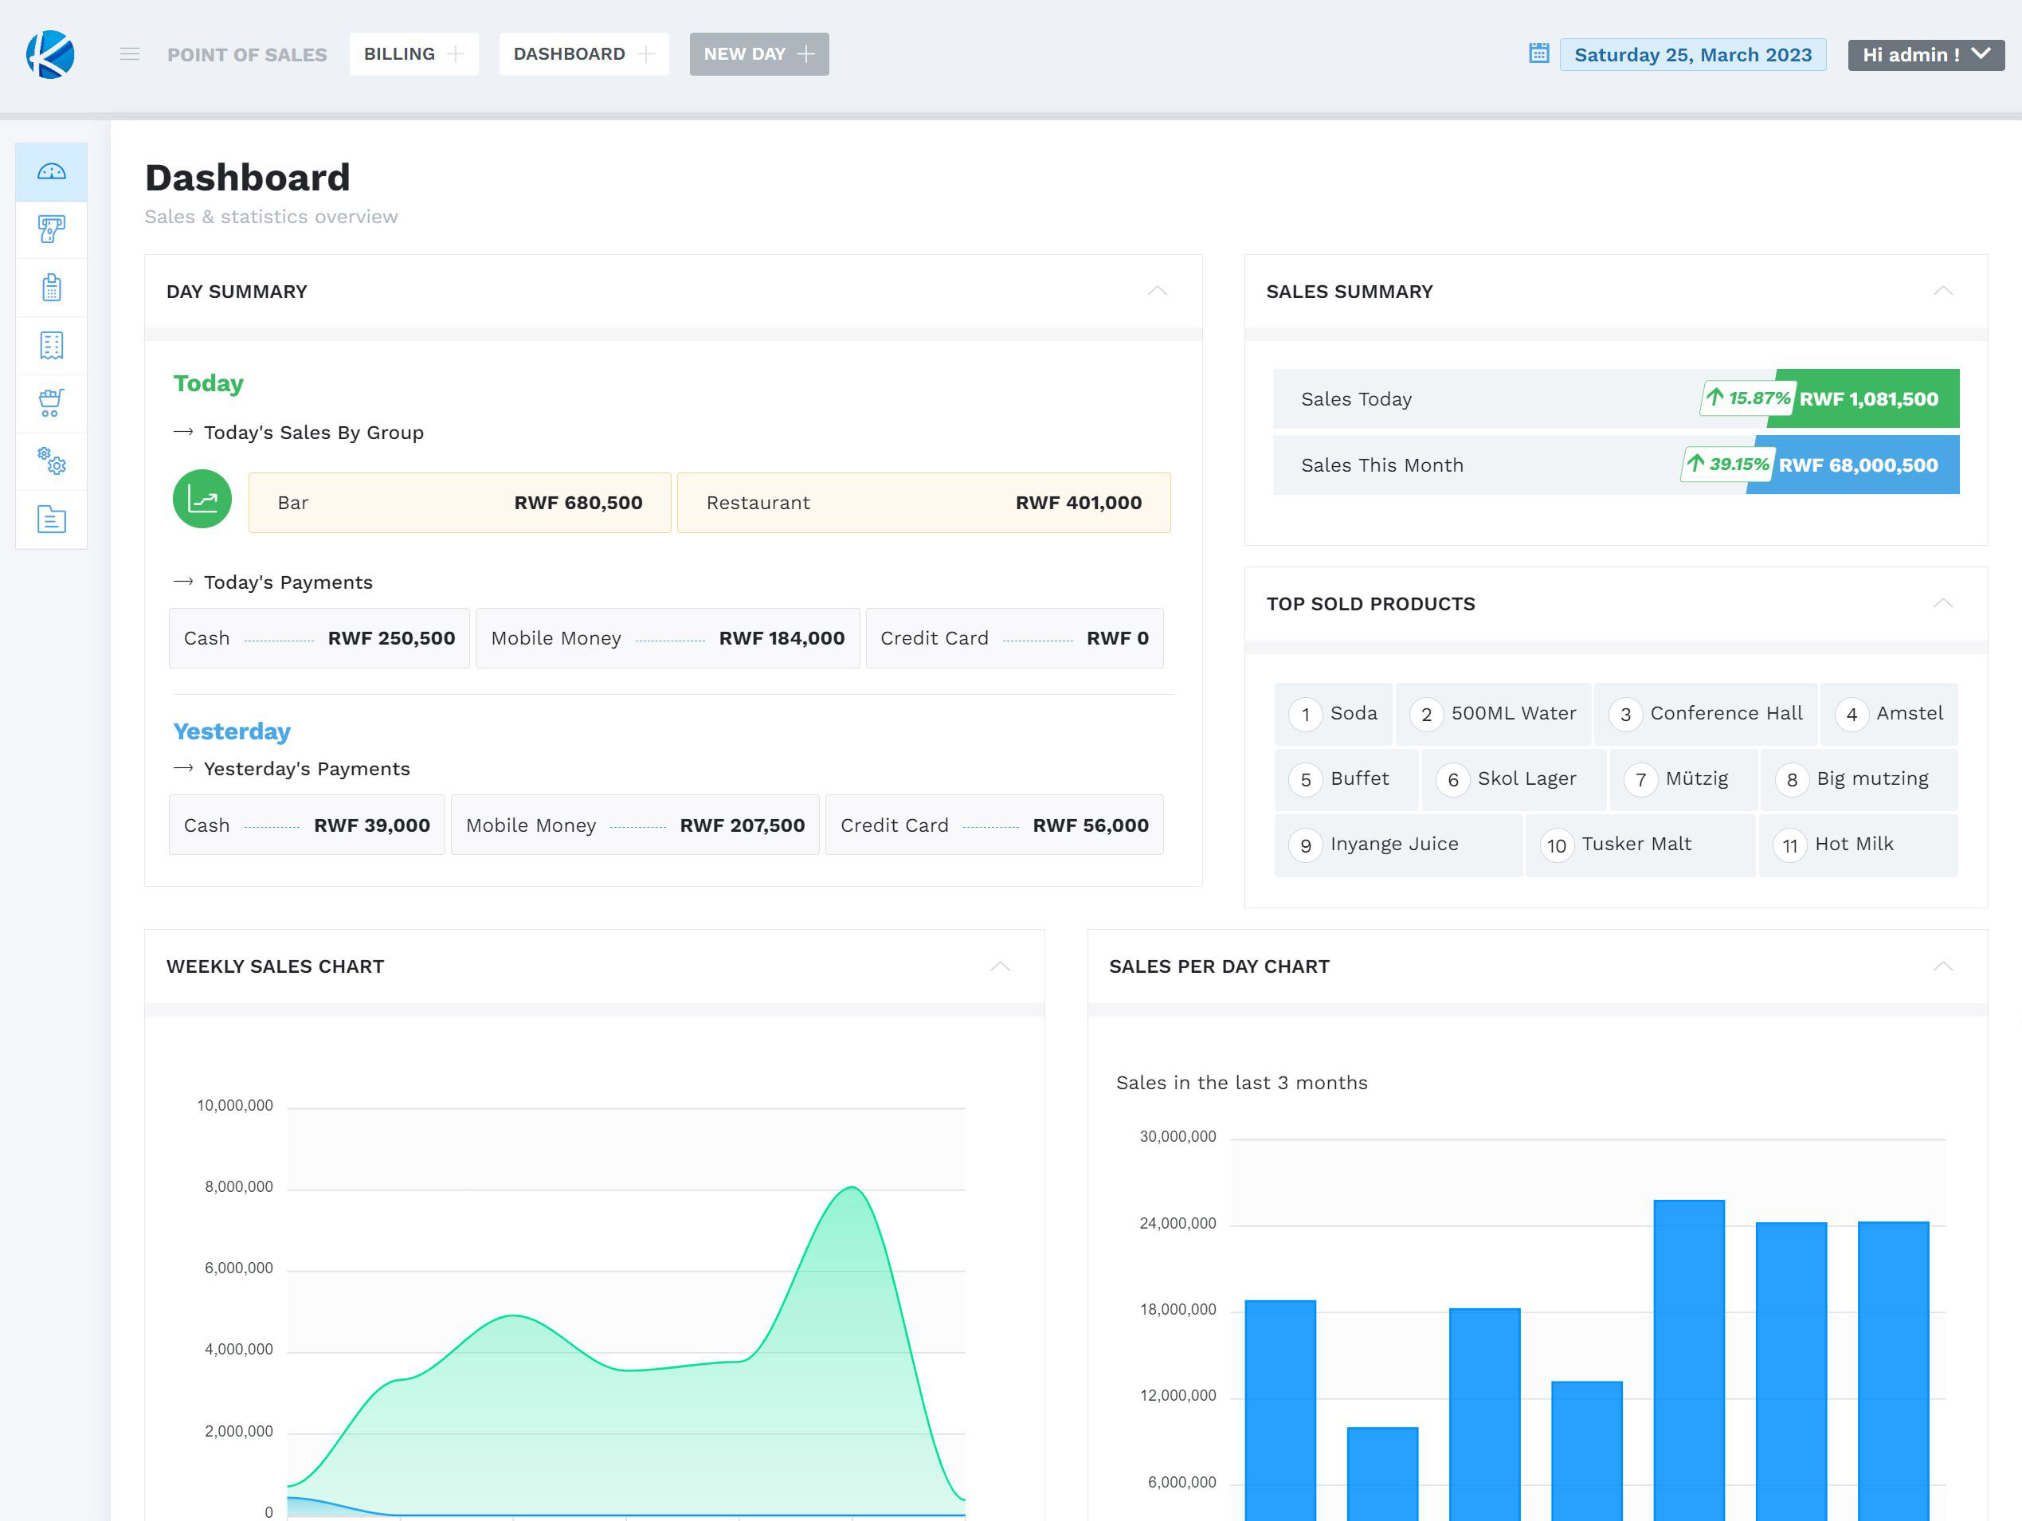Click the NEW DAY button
pos(758,54)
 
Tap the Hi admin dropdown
pos(1925,55)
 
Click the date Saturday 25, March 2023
pos(1692,55)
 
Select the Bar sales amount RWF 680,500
pos(578,503)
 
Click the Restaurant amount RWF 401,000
pos(1078,503)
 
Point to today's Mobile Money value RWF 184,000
pos(781,638)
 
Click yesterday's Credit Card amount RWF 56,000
pos(1090,825)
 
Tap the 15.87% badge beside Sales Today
pos(1747,398)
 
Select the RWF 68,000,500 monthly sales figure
pos(1857,465)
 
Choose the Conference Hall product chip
pos(1707,713)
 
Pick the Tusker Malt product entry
pos(1636,844)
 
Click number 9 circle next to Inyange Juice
pos(1305,845)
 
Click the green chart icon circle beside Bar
pos(202,499)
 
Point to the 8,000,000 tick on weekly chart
pos(238,1186)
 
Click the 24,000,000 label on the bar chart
pos(1178,1223)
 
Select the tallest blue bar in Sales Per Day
pos(1688,1353)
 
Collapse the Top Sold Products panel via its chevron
pos(1942,603)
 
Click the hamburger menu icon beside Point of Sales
pos(130,54)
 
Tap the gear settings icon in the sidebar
pos(51,461)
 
